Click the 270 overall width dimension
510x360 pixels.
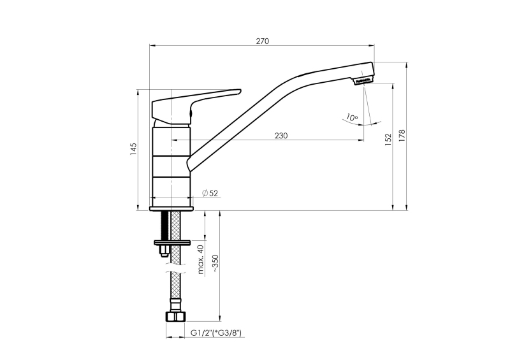[263, 41]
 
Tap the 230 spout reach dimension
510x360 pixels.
[281, 136]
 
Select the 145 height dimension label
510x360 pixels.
[134, 149]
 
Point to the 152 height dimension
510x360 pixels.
[388, 139]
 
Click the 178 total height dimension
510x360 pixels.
[402, 136]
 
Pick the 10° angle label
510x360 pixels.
[352, 117]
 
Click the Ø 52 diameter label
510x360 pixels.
[210, 193]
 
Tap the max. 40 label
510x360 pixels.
[201, 259]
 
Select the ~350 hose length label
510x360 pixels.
[215, 263]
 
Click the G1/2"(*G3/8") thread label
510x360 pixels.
[216, 333]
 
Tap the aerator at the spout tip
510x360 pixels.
[363, 80]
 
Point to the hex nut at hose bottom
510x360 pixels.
[175, 317]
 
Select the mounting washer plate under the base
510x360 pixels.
[172, 242]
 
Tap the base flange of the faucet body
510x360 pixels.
[171, 209]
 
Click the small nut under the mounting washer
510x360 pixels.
[164, 251]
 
